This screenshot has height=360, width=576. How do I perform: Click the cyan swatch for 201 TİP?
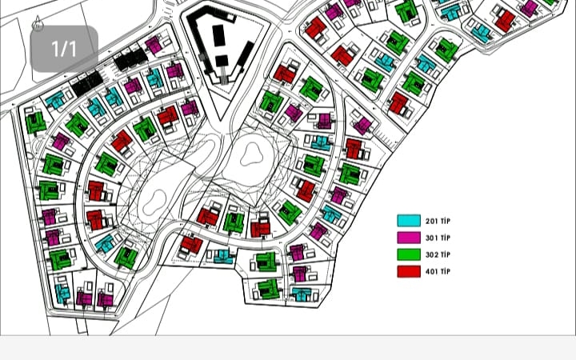[409, 221]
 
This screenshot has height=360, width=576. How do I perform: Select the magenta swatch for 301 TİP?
[409, 238]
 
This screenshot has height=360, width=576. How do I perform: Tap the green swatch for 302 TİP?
[409, 254]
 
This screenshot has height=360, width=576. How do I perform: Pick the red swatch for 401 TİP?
[409, 271]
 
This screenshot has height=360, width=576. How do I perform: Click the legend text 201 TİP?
[438, 221]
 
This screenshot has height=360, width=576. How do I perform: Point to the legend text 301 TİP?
[438, 238]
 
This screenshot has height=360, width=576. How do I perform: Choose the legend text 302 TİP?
[438, 254]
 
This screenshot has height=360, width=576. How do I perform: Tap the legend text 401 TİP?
[438, 271]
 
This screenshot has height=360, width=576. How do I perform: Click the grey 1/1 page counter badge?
[64, 49]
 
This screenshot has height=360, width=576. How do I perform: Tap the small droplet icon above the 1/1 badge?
[38, 24]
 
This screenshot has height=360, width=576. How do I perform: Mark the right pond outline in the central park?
[254, 152]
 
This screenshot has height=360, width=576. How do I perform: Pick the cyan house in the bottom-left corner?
[62, 294]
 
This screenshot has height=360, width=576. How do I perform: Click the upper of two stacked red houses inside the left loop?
[96, 191]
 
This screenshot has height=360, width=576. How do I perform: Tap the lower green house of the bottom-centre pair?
[268, 289]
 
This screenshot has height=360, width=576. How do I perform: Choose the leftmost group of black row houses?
[86, 80]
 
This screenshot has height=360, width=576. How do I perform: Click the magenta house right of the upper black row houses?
[154, 45]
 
